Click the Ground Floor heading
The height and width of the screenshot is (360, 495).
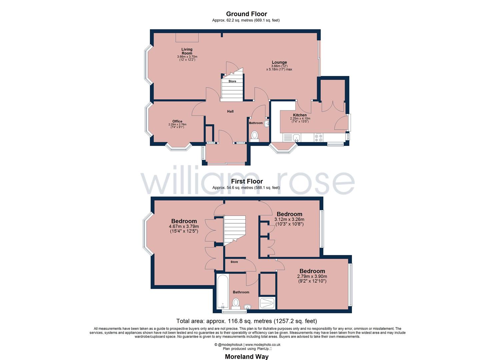[x=246, y=14]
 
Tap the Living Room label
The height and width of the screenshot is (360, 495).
[x=187, y=51]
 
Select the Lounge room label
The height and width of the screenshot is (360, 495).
[x=279, y=62]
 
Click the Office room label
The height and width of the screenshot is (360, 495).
[x=177, y=121]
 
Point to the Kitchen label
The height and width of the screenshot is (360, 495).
[x=300, y=115]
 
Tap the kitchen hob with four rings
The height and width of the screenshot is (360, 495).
[x=318, y=138]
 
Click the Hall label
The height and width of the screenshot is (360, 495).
[x=230, y=111]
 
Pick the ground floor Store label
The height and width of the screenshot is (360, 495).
[x=232, y=81]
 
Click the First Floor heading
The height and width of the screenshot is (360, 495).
[x=247, y=181]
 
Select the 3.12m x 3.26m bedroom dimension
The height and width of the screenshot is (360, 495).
[x=289, y=219]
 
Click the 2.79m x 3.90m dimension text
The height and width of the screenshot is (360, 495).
[x=312, y=276]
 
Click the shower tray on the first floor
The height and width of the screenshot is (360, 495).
[x=268, y=303]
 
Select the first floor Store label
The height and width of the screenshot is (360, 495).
[x=234, y=262]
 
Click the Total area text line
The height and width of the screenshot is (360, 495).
[x=246, y=321]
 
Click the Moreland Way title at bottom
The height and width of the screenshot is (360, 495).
[x=246, y=356]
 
